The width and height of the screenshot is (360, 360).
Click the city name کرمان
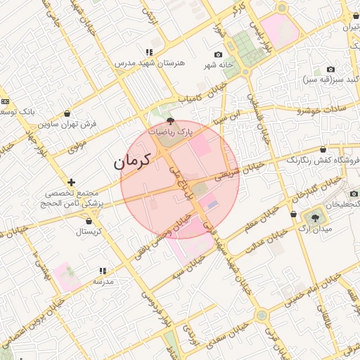click(132, 162)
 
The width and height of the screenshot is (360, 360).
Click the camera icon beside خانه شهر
click(218, 55)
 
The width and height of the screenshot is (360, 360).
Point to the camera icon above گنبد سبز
click(330, 70)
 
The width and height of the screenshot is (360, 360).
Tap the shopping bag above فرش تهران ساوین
click(67, 113)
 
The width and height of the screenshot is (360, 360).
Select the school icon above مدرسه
click(103, 271)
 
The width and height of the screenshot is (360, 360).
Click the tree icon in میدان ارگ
click(314, 218)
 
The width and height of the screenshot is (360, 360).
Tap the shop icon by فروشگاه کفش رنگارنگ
click(323, 150)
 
